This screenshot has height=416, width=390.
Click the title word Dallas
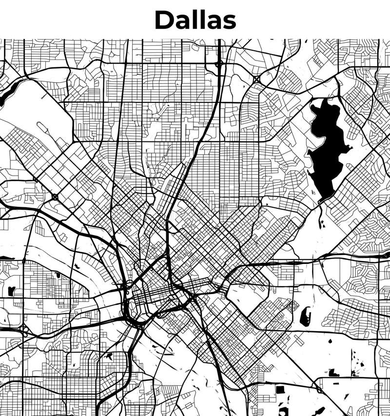[x=195, y=20]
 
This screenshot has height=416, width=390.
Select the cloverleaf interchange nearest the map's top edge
[x=219, y=63]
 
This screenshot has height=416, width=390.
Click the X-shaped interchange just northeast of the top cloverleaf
[x=256, y=79]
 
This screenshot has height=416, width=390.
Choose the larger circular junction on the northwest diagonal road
[x=55, y=197]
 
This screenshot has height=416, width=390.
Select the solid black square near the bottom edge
[x=280, y=389]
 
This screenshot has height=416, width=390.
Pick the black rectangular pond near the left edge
[x=11, y=291]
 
